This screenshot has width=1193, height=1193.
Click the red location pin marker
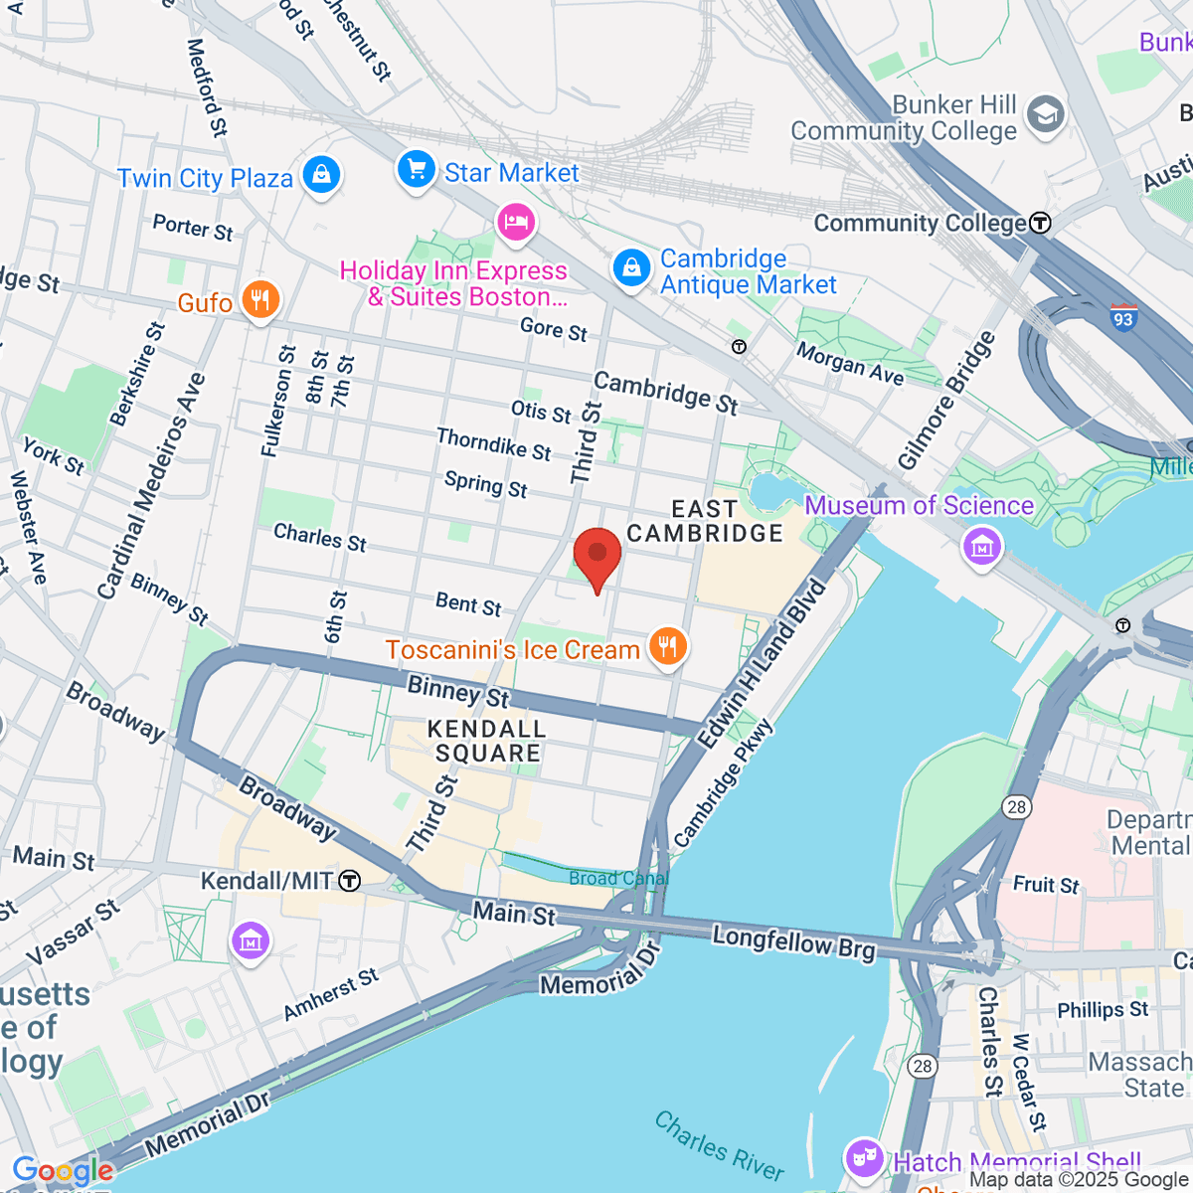597,557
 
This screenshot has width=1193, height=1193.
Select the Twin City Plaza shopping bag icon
321,176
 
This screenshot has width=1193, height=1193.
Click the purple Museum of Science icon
982,546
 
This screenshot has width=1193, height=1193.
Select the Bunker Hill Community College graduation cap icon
1045,115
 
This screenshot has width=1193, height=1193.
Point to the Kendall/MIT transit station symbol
349,881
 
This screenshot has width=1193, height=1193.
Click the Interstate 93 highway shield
1123,318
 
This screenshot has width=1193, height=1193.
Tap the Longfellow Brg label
793,941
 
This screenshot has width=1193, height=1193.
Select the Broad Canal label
617,878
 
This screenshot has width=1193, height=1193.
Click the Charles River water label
719,1144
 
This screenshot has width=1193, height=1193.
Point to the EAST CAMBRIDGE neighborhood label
705,522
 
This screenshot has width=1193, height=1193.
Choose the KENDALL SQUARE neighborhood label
487,741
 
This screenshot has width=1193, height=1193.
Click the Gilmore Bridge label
945,401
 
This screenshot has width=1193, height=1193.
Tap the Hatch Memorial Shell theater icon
864,1157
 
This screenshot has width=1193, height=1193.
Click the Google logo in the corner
62,1171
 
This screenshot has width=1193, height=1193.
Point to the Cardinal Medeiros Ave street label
151,487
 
